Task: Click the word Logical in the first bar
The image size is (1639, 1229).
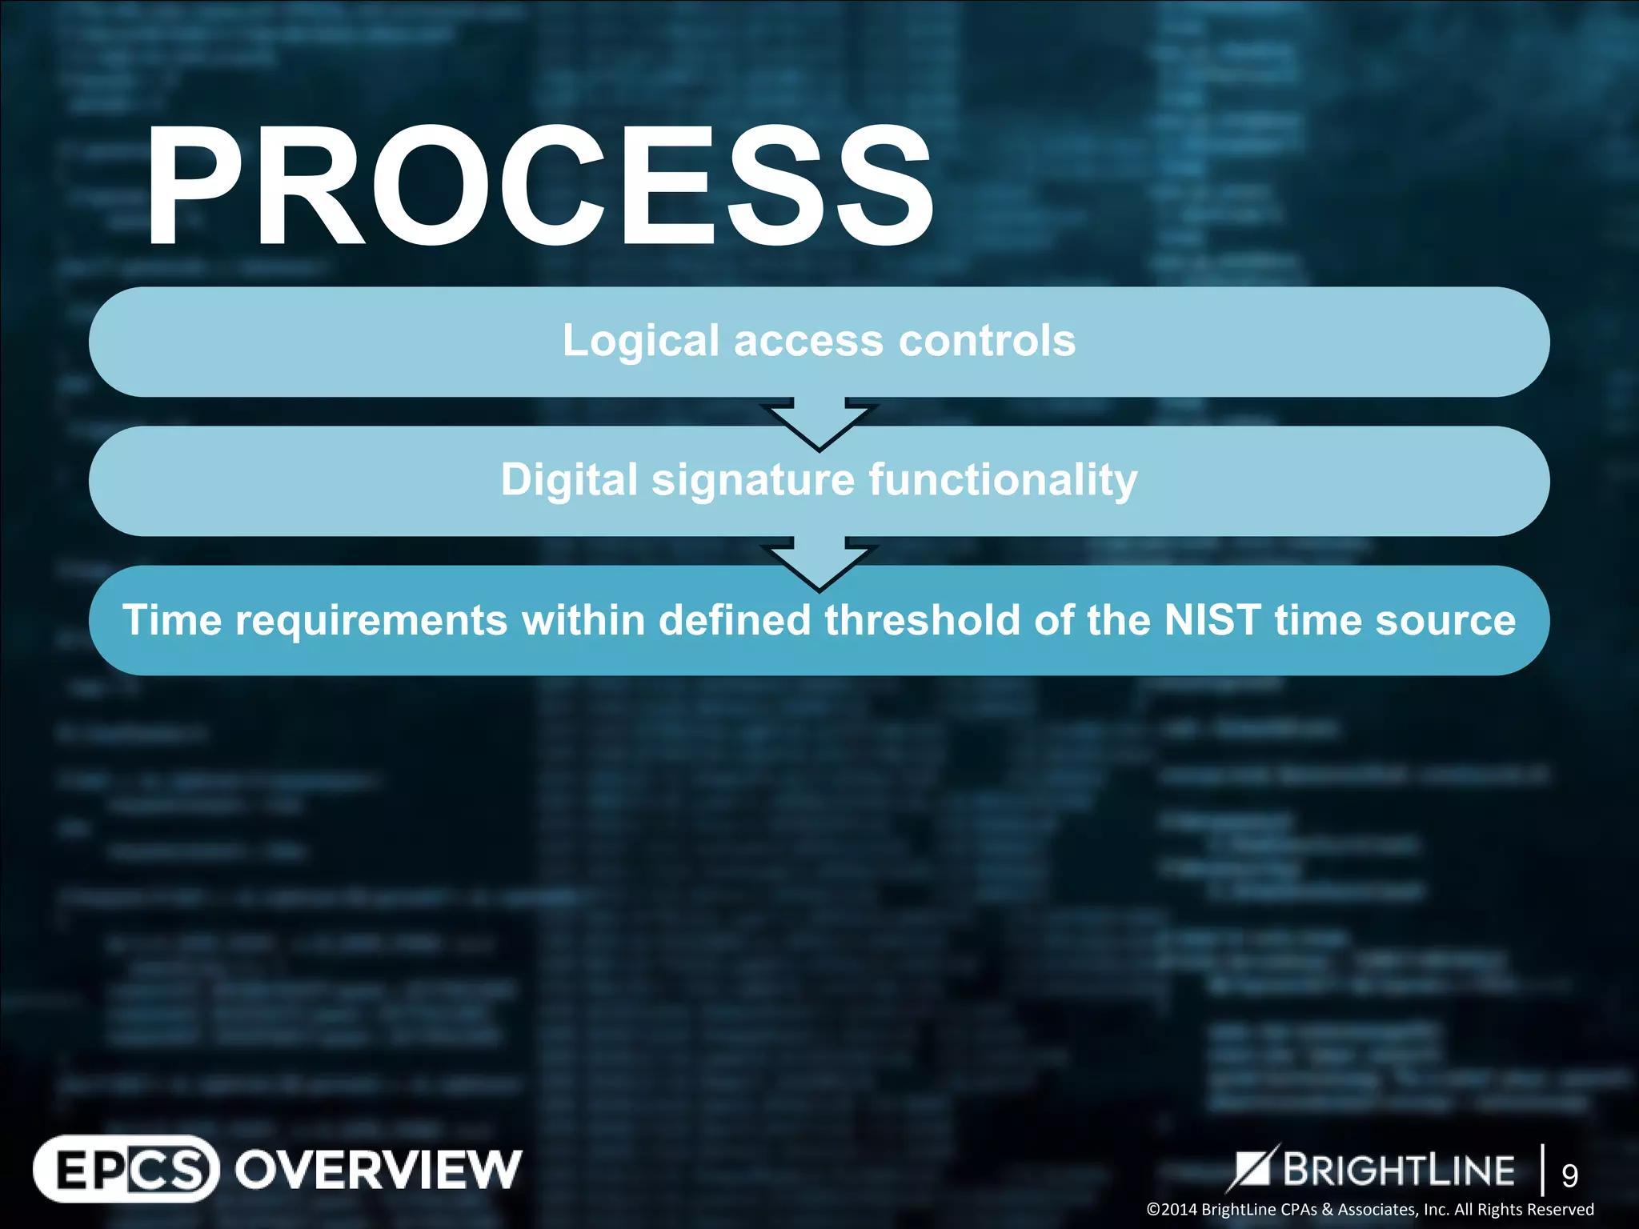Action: [x=640, y=342]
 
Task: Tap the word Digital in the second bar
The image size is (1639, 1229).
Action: [x=569, y=480]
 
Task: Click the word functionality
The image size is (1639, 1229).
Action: [x=1003, y=480]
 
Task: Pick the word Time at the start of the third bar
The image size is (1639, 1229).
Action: [x=171, y=620]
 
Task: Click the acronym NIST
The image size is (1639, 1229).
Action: [x=1212, y=620]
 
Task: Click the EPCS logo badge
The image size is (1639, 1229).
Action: [x=126, y=1169]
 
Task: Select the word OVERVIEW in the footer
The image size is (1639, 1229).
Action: [x=378, y=1170]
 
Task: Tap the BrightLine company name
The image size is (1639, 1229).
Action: [x=1398, y=1170]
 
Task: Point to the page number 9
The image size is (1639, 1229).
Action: [x=1569, y=1175]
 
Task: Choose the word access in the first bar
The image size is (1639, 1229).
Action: [x=807, y=342]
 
